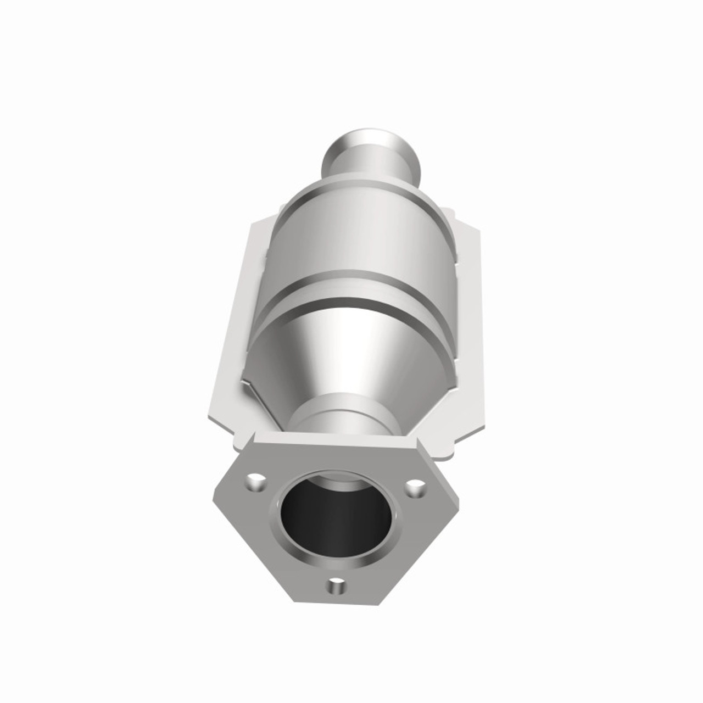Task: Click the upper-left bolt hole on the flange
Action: (x=256, y=484)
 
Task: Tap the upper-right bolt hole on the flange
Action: (x=416, y=487)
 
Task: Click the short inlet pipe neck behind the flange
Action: (x=343, y=420)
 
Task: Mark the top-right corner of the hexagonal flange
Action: (x=416, y=439)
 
